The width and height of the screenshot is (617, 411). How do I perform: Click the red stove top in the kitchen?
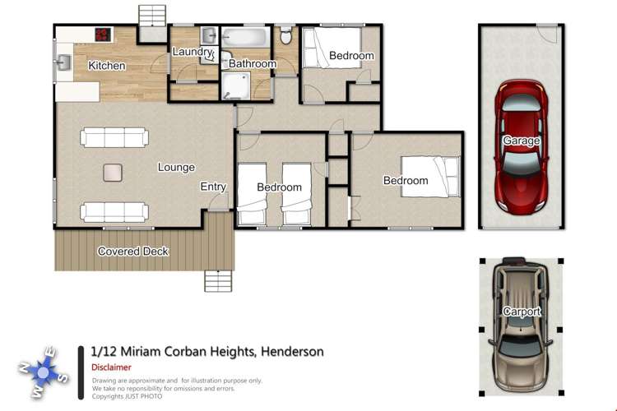click(x=103, y=35)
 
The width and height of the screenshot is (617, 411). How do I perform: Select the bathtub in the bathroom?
click(x=245, y=38)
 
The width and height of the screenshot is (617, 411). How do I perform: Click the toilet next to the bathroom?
click(x=285, y=35)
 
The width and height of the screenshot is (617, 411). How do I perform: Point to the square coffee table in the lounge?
click(x=112, y=173)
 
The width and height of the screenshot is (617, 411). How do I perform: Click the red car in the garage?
click(x=522, y=144)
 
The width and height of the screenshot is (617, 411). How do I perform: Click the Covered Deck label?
click(x=133, y=251)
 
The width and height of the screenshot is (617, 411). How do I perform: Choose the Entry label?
click(x=213, y=187)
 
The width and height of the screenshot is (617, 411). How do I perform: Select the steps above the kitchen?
click(x=151, y=16)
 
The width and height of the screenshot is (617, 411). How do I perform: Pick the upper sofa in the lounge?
click(x=114, y=136)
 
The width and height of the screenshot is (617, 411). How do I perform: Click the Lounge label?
click(x=176, y=167)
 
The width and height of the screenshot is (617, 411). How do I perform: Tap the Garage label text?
click(x=522, y=141)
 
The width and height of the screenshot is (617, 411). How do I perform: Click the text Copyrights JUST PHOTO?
click(x=127, y=396)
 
